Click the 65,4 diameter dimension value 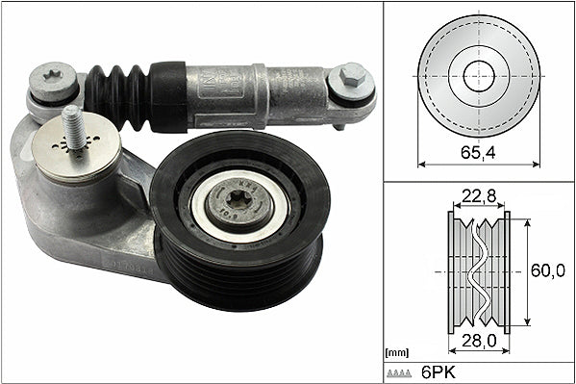[x=478, y=152]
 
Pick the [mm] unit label [x=395, y=352]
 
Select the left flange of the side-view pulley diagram [x=451, y=272]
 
